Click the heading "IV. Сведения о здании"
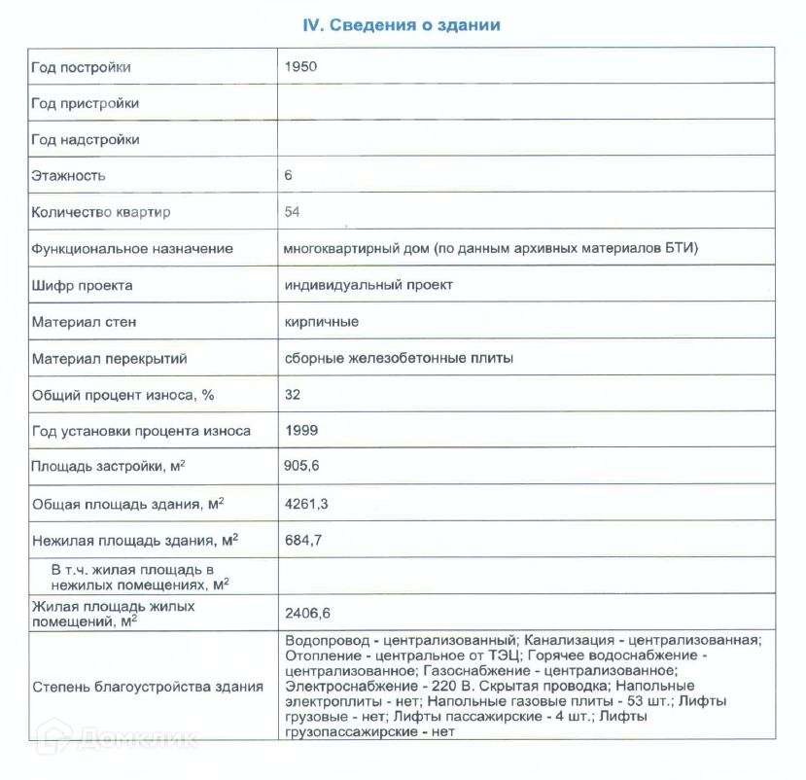(402, 25)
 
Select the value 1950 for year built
(301, 67)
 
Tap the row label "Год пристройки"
(85, 103)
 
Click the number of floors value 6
(289, 176)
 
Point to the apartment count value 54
(293, 212)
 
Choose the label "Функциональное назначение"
(132, 248)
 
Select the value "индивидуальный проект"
(368, 285)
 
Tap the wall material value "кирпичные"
(322, 321)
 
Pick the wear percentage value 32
(293, 395)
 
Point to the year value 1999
(301, 430)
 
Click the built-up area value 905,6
(302, 467)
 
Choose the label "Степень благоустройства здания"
(148, 687)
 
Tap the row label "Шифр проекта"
(82, 285)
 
